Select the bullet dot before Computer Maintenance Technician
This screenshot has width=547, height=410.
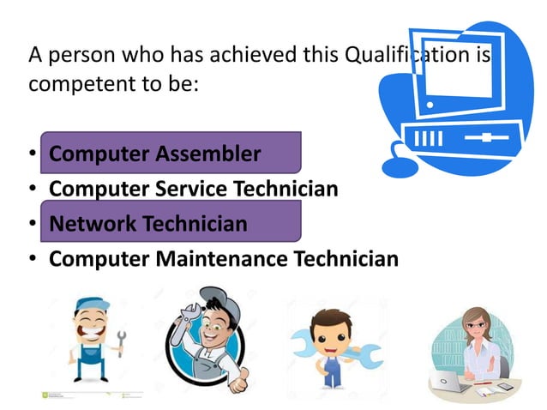coord(33,259)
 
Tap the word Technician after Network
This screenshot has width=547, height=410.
coord(195,224)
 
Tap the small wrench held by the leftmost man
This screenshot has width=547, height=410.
coord(120,342)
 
